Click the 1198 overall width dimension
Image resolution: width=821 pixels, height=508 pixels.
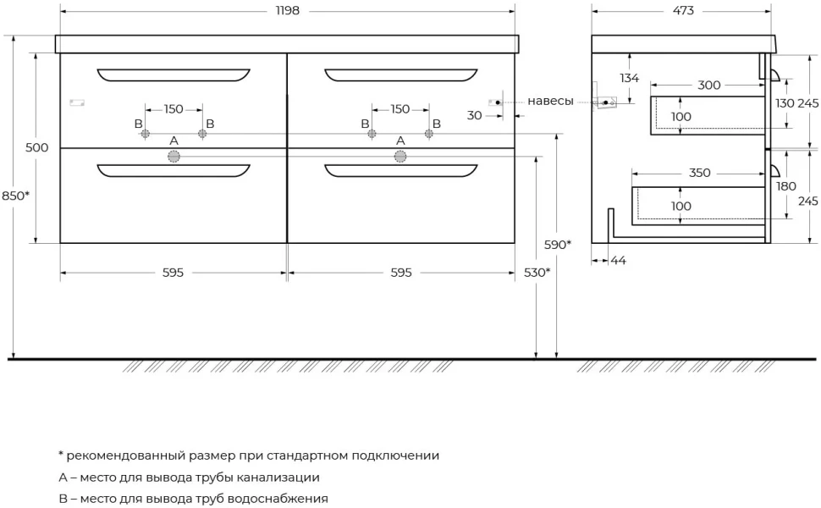coord(288,10)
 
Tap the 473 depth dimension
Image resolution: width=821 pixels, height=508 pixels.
coord(683,10)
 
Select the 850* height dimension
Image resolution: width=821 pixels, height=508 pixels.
coord(16,196)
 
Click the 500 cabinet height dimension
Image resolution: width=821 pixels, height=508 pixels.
coord(36,147)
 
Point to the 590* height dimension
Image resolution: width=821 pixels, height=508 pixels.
coord(558,245)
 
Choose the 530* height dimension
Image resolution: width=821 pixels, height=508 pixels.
coord(537,273)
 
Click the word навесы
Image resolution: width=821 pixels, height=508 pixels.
coord(550,101)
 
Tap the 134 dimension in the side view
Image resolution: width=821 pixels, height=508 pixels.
coord(629,78)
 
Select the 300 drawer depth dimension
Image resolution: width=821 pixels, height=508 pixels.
coord(709,85)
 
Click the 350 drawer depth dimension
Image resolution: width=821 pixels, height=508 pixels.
coord(699,173)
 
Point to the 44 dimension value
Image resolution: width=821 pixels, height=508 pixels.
coord(619,260)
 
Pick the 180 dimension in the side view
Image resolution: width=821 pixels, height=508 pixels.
coord(786,186)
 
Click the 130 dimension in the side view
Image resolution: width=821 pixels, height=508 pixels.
coord(785,103)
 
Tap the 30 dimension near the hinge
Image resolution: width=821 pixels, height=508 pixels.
coord(474,115)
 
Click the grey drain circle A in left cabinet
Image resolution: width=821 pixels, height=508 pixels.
coord(174,156)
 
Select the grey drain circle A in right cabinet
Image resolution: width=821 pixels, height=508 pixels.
coord(400,156)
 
